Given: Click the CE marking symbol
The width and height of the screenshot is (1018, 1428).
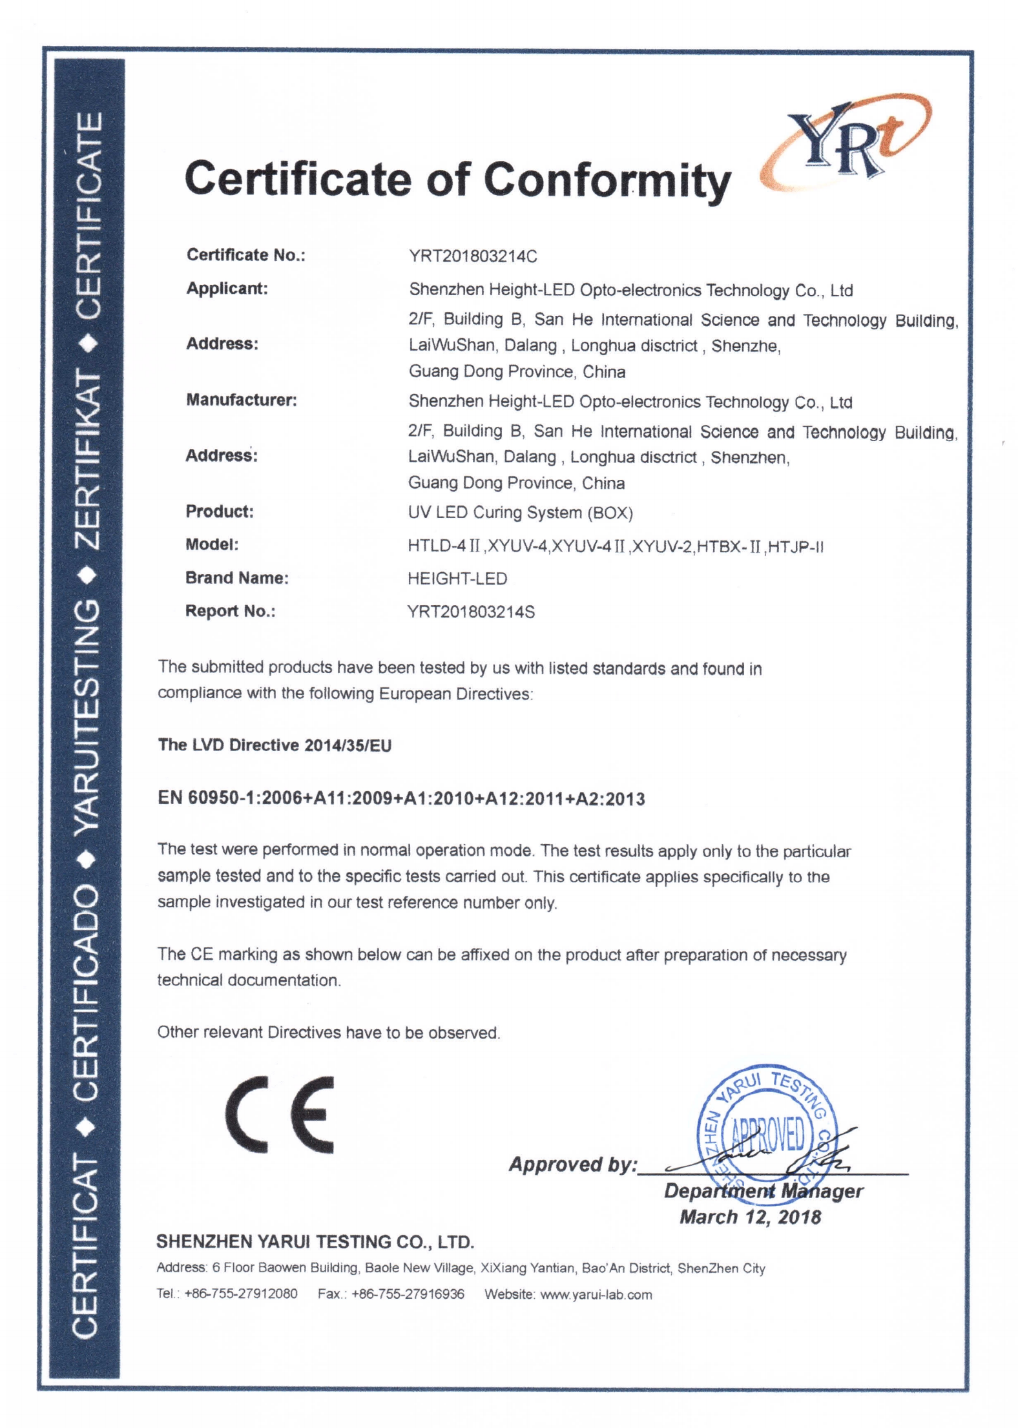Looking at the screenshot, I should pos(280,1114).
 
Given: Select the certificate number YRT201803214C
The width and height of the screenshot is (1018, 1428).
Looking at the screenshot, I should pos(473,256).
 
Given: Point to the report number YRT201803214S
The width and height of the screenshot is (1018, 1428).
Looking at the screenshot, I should pos(471,612).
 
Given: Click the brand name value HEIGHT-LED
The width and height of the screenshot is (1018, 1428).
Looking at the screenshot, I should pos(457,579).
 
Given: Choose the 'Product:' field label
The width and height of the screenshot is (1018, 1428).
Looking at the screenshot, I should pos(220,512).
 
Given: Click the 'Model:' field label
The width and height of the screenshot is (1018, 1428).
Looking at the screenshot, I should pos(212,544).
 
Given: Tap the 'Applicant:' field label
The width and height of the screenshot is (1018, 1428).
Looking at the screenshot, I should pos(227,288).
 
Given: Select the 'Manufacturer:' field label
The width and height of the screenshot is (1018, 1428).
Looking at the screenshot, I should pos(241,400).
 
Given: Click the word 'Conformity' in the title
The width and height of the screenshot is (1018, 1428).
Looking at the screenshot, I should pos(607,180).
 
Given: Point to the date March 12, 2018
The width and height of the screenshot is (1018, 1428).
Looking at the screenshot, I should pos(750,1217).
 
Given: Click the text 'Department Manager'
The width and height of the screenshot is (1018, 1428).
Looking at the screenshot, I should pos(763,1191).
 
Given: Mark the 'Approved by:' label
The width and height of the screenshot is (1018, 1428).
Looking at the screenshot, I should pos(572,1164).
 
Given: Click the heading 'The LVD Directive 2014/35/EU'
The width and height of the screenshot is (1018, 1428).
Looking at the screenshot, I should pos(275,745).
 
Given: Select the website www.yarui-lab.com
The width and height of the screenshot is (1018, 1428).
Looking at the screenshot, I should pos(596,1294).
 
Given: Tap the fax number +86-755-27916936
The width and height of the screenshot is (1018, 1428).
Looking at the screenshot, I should pos(408,1294).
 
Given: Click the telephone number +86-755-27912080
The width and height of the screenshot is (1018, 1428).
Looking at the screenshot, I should pos(241,1294).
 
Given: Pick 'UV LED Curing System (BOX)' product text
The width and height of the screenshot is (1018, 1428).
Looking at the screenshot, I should pos(520,513).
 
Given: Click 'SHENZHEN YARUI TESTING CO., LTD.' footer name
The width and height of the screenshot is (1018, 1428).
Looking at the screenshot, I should pos(315,1241).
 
